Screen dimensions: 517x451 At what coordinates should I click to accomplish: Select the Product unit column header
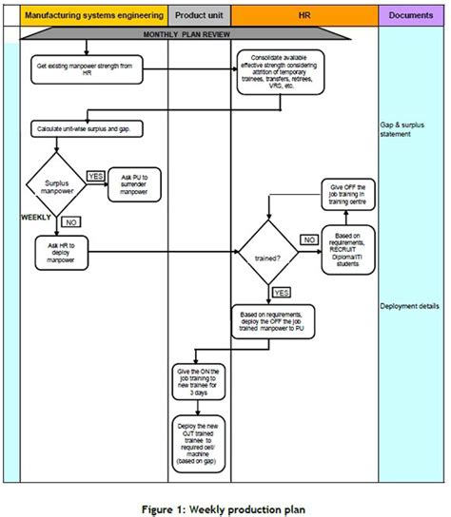[198, 15]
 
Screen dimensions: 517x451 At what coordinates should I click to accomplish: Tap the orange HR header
[304, 15]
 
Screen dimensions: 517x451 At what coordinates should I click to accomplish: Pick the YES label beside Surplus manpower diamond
[96, 176]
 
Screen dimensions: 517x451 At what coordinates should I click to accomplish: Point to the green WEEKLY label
[36, 217]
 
